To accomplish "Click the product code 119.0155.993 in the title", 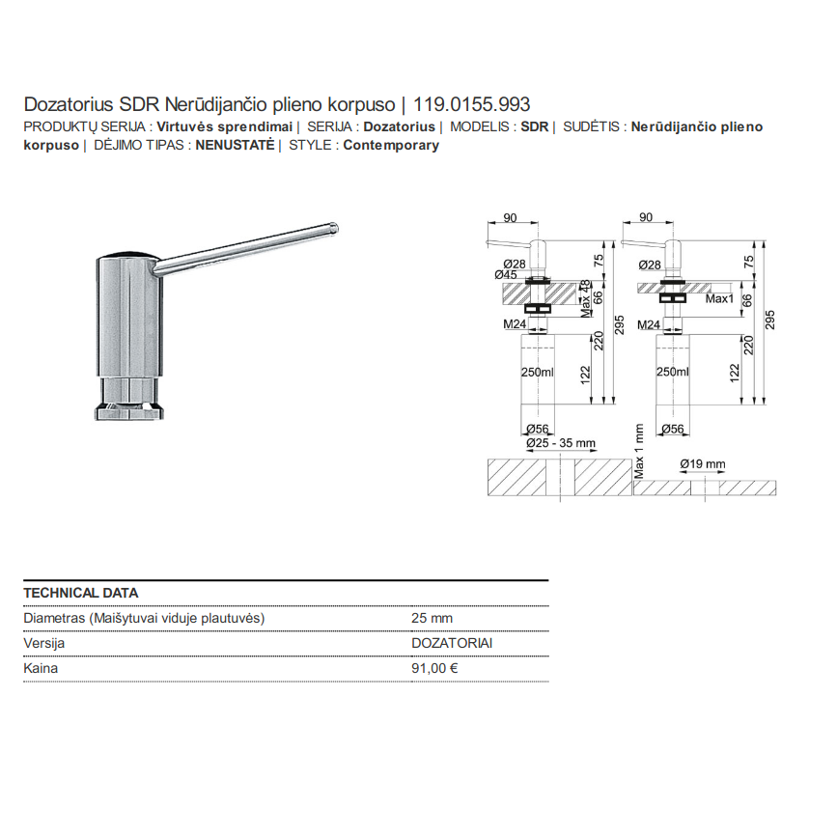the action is point(472,104).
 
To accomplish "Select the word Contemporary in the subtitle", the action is point(391,145).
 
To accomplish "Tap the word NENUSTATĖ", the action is point(235,145).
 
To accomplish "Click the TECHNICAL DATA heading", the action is point(80,593).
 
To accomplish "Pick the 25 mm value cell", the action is point(432,618).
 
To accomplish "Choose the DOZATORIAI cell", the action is point(452,643).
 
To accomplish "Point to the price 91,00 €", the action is point(434,668).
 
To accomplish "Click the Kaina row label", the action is point(41,668).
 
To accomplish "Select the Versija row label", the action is point(44,643).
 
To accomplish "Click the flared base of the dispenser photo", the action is point(129,412).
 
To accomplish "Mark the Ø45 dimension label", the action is point(506,275).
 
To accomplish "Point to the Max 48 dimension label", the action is point(586,298).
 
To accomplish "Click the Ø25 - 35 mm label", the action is point(561,443).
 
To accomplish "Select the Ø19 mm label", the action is point(703,464).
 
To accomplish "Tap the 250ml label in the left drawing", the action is point(538,372).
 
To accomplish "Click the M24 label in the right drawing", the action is point(649,324).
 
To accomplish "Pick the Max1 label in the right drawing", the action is point(719,299).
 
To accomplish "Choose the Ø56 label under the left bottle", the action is point(538,430).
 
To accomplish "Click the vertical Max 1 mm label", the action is point(639,451).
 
